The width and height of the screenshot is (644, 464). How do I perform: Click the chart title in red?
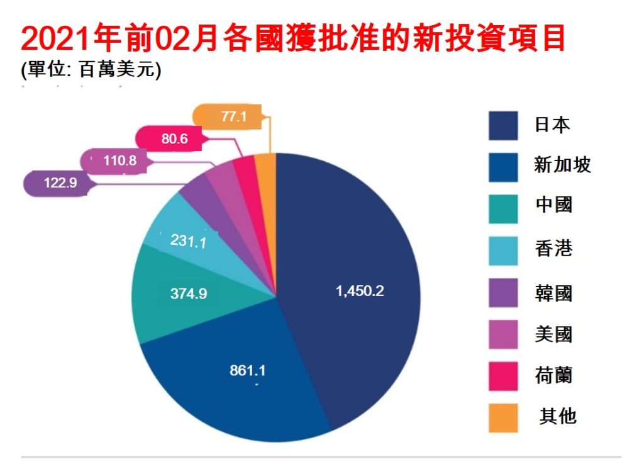(294, 39)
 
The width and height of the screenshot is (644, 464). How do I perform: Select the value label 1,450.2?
(360, 291)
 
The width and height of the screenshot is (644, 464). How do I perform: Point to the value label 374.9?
(189, 293)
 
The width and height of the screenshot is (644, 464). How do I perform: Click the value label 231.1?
(189, 240)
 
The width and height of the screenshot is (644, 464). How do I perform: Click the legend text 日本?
(552, 125)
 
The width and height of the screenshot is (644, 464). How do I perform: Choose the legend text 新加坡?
(562, 166)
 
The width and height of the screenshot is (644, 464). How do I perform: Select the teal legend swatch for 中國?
(503, 208)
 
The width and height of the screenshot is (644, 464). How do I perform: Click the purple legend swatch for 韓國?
(503, 292)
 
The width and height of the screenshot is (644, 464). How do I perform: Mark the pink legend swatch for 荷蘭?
(503, 376)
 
